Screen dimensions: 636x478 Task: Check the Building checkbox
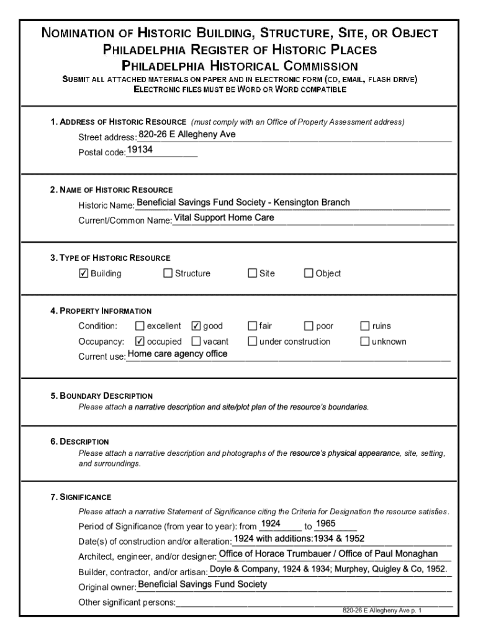[84, 273]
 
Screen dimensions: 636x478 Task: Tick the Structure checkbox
[168, 273]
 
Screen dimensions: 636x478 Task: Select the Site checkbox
[252, 273]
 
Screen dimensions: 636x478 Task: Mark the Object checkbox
[309, 273]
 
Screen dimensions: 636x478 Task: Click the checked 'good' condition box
[196, 326]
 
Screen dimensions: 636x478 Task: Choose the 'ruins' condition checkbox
[365, 326]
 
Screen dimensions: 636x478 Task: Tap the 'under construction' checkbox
[252, 341]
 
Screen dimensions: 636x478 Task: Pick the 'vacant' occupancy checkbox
[196, 341]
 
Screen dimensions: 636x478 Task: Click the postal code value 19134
[140, 150]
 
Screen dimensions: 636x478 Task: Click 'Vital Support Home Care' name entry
[223, 218]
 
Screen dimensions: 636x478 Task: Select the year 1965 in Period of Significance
[326, 524]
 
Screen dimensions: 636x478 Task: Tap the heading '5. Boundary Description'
[102, 396]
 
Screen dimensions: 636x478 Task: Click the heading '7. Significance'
[81, 497]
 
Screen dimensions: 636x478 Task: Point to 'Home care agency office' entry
[178, 354]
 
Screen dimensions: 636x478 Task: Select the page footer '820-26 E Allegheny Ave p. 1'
[382, 611]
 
